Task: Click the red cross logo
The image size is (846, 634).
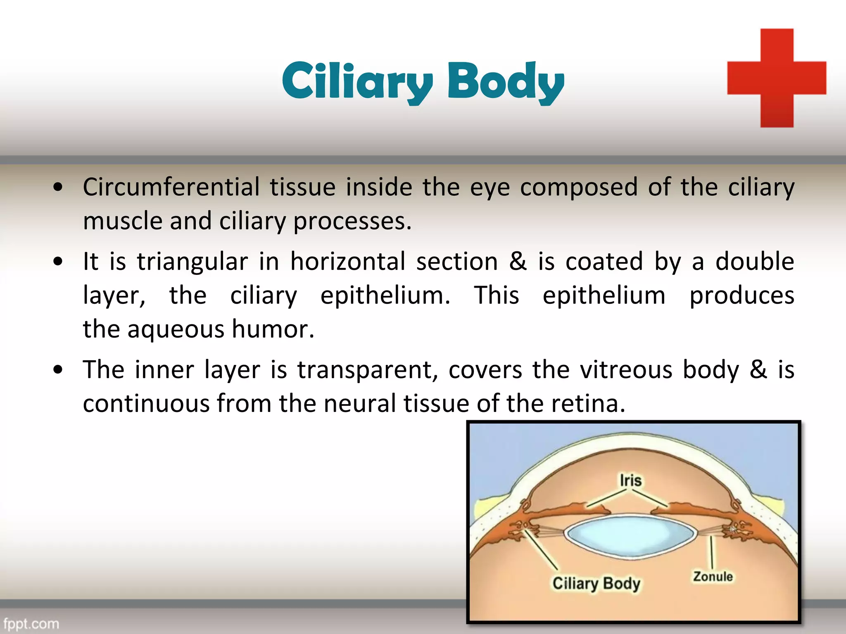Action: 777,78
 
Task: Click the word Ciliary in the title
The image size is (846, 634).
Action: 357,81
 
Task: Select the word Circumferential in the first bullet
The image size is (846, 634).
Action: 171,187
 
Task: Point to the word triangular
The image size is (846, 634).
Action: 192,262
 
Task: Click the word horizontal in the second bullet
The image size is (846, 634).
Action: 348,262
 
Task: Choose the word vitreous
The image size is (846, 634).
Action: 626,369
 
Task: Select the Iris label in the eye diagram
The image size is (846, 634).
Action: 630,481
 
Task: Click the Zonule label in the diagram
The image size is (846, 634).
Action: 713,577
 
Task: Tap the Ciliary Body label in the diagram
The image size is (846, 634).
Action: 596,584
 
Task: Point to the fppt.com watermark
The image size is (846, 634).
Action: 31,623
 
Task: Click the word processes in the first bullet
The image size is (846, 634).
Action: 352,221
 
